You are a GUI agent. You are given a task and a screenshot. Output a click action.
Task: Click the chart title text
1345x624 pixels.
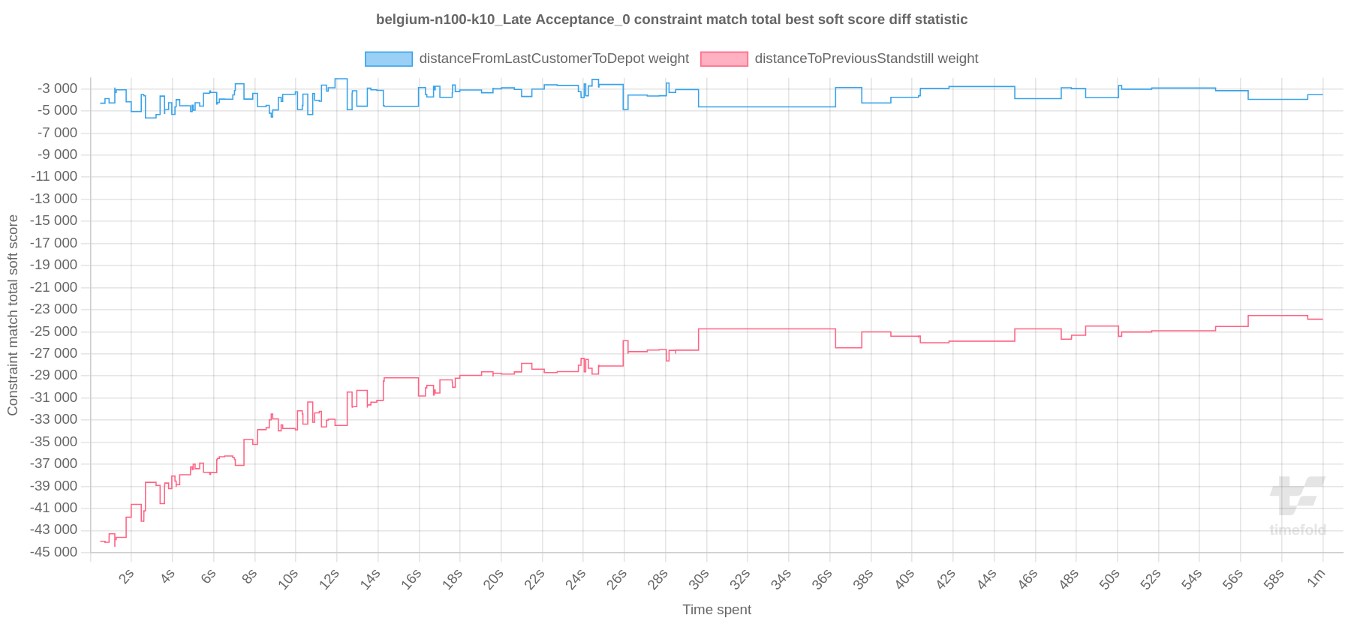(x=672, y=19)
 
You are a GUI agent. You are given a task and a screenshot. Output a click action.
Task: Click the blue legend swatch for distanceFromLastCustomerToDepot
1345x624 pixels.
(x=388, y=59)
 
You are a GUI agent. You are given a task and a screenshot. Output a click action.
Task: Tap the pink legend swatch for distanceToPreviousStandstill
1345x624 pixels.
(x=724, y=59)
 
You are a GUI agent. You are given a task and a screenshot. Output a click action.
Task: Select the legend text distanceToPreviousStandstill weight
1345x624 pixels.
(x=866, y=58)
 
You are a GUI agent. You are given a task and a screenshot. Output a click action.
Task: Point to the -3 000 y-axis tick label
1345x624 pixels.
(x=57, y=88)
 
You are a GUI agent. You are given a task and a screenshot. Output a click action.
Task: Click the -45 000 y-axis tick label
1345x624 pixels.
(x=54, y=552)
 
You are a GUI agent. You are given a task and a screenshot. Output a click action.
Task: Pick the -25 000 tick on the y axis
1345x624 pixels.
(x=54, y=331)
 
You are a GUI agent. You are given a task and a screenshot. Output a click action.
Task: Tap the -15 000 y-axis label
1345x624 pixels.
(x=54, y=220)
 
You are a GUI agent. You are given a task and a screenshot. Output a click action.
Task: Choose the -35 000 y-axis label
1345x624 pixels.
(x=54, y=442)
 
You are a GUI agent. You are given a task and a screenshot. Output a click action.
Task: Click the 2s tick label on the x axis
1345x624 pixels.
(x=126, y=577)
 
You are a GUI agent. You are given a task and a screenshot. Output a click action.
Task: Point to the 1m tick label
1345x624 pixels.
(x=1316, y=578)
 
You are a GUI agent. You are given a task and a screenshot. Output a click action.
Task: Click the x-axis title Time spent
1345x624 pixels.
(x=716, y=610)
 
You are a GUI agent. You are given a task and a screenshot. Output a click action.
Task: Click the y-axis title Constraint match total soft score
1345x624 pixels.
(x=13, y=315)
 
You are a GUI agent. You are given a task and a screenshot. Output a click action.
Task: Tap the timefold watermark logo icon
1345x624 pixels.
(x=1296, y=495)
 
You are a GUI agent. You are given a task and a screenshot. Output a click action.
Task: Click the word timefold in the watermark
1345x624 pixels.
(x=1297, y=530)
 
